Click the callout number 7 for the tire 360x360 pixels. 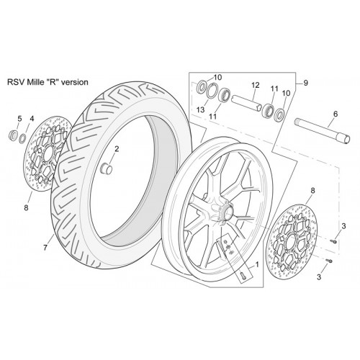click(x=45, y=248)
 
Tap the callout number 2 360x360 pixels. click(x=117, y=149)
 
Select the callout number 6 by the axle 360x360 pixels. click(x=336, y=114)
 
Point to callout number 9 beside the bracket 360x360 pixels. click(x=305, y=83)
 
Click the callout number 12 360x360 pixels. click(x=256, y=85)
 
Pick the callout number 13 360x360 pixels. click(x=200, y=109)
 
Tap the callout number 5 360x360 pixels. click(x=19, y=118)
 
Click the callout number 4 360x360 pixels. click(x=32, y=118)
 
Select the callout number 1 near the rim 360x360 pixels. click(x=257, y=264)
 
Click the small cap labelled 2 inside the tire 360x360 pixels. click(x=106, y=167)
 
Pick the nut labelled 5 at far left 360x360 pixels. click(x=13, y=135)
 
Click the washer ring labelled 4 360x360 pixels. click(x=23, y=138)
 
